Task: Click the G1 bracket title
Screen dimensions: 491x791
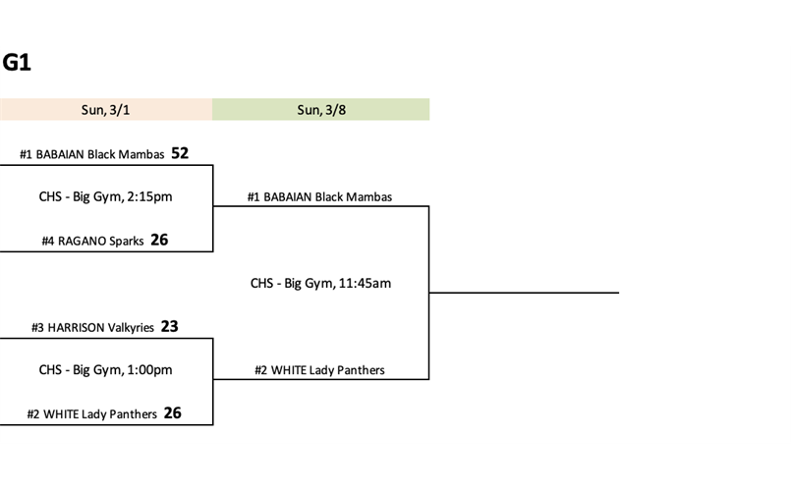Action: tap(17, 64)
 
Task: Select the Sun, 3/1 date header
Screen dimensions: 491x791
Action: tap(105, 110)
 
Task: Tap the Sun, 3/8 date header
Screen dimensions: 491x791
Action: tap(321, 110)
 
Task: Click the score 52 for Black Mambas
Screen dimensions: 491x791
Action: tap(180, 153)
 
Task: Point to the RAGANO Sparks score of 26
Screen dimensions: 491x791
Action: tap(159, 240)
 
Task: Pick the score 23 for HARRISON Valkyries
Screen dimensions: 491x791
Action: tap(169, 327)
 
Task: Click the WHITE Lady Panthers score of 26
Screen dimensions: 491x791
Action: tap(172, 413)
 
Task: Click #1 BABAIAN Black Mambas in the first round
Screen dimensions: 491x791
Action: tap(91, 154)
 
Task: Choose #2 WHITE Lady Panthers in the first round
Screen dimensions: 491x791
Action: tap(91, 414)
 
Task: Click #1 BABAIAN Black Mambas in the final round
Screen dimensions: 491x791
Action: tap(319, 197)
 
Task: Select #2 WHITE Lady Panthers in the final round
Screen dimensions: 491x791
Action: tap(319, 370)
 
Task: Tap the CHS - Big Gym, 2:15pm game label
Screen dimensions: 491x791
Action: tap(105, 196)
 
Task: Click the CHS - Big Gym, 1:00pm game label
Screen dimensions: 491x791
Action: tap(105, 370)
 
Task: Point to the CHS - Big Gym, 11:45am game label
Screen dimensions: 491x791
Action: tap(320, 284)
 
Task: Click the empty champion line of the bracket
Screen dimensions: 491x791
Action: tap(524, 292)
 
